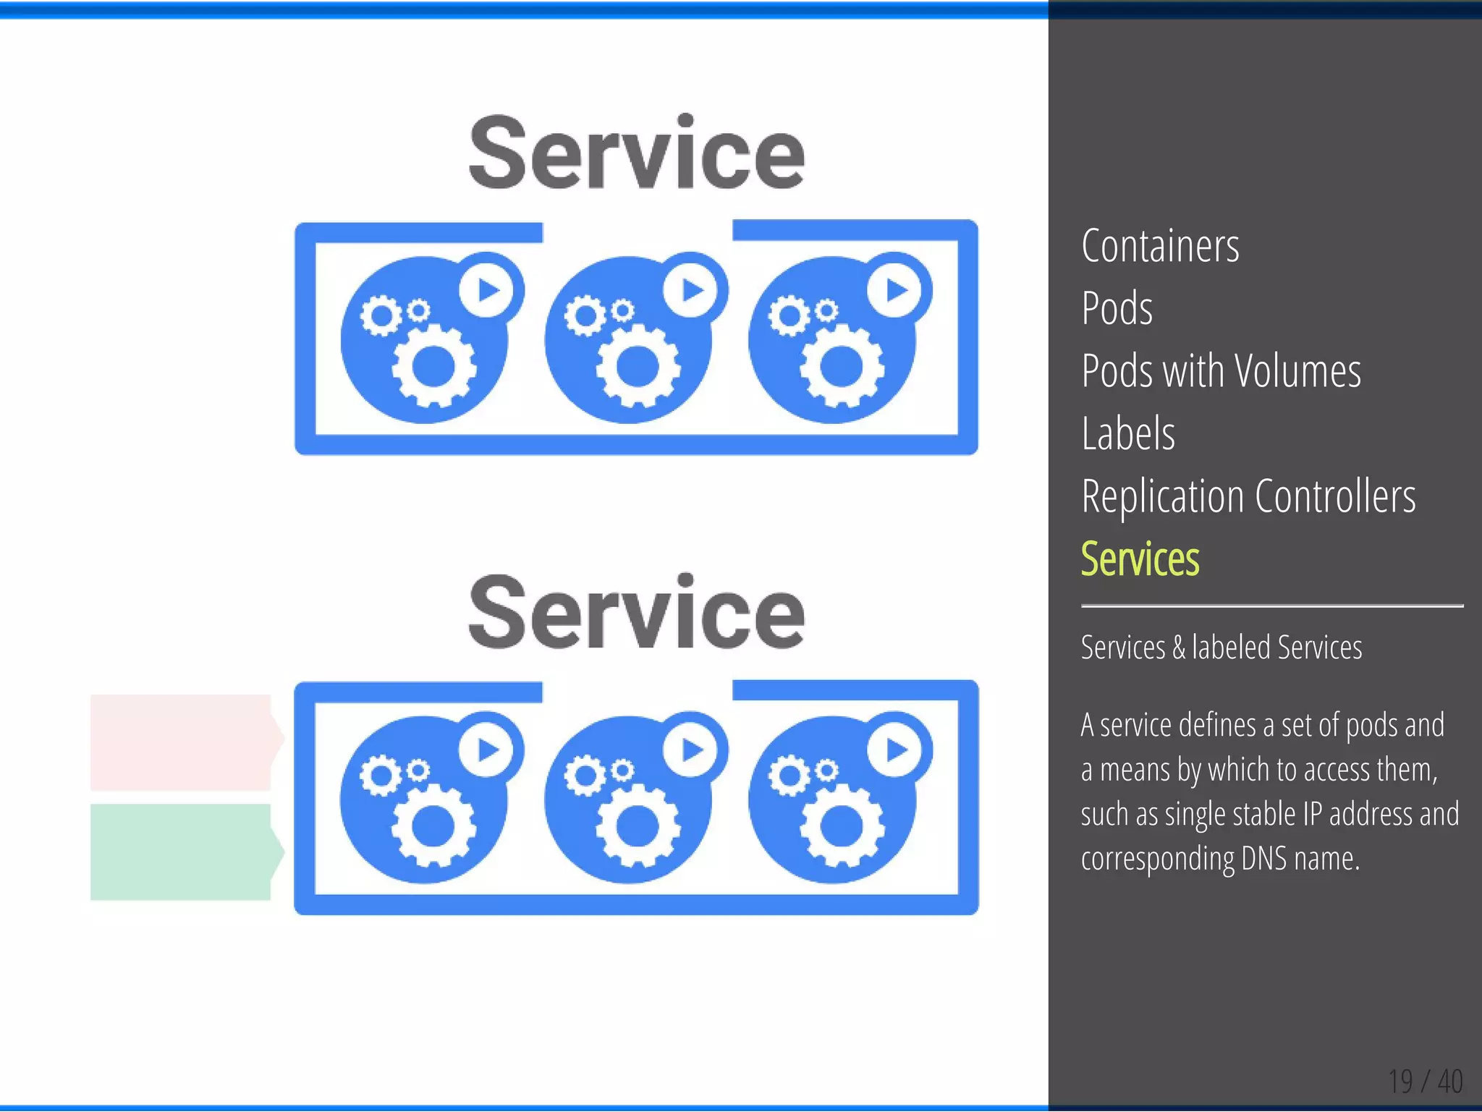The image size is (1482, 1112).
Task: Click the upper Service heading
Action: (x=636, y=153)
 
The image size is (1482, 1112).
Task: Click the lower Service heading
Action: (x=636, y=612)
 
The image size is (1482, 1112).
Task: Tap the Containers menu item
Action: (x=1160, y=246)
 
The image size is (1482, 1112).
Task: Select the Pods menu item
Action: (x=1117, y=308)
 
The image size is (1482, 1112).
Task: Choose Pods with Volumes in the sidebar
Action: (x=1221, y=371)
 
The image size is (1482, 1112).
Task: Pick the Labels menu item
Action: (x=1127, y=433)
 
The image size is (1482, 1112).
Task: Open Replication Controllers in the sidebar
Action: (x=1248, y=496)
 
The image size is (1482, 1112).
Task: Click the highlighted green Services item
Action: (x=1140, y=559)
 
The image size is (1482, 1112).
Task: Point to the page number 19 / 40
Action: (x=1425, y=1082)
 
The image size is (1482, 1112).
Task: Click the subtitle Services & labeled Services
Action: (x=1221, y=648)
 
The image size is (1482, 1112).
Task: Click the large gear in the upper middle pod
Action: (x=638, y=366)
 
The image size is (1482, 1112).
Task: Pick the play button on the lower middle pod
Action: (x=692, y=750)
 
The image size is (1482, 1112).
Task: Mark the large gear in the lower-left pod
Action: (x=433, y=825)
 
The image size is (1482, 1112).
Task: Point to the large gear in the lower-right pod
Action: (x=841, y=825)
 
